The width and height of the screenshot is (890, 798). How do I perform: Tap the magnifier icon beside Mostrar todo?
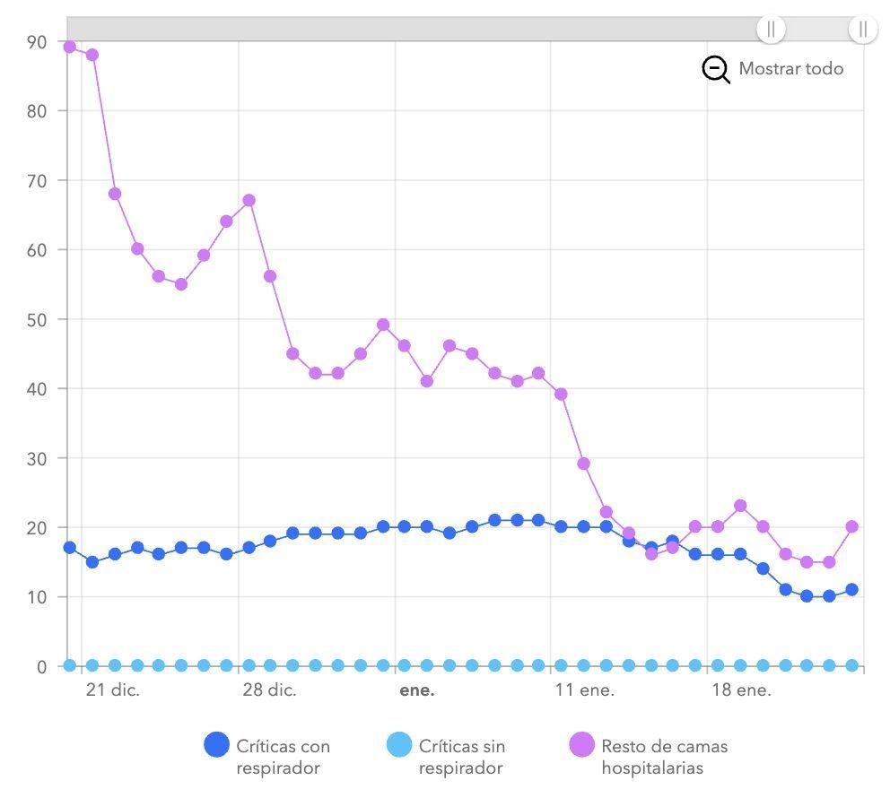point(715,69)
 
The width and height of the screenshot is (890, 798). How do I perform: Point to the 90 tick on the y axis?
point(38,41)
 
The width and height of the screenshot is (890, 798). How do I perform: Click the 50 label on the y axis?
point(38,319)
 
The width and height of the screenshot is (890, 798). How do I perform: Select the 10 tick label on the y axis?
point(38,597)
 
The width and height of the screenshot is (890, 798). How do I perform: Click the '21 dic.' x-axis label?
point(113,690)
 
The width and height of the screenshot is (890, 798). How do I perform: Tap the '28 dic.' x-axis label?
point(269,690)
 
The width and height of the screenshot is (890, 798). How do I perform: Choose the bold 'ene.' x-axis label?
point(416,690)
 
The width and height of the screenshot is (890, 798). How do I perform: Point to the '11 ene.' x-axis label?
point(584,690)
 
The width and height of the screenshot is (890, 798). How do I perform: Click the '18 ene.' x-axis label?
point(741,690)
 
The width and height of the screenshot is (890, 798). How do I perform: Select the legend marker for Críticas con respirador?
point(216,745)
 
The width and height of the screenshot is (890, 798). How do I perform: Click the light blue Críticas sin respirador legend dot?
point(399,745)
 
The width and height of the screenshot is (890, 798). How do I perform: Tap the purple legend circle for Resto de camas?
point(582,745)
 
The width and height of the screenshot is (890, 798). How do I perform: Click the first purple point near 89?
point(70,47)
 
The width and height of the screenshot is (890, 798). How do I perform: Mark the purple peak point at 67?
point(249,200)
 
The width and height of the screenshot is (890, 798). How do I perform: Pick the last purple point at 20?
point(851,526)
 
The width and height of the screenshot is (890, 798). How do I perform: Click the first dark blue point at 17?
point(70,547)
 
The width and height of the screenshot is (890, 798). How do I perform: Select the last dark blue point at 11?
point(851,590)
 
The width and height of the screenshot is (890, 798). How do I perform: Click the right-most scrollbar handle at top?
point(862,29)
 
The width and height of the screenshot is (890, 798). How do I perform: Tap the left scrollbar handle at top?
point(771,29)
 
